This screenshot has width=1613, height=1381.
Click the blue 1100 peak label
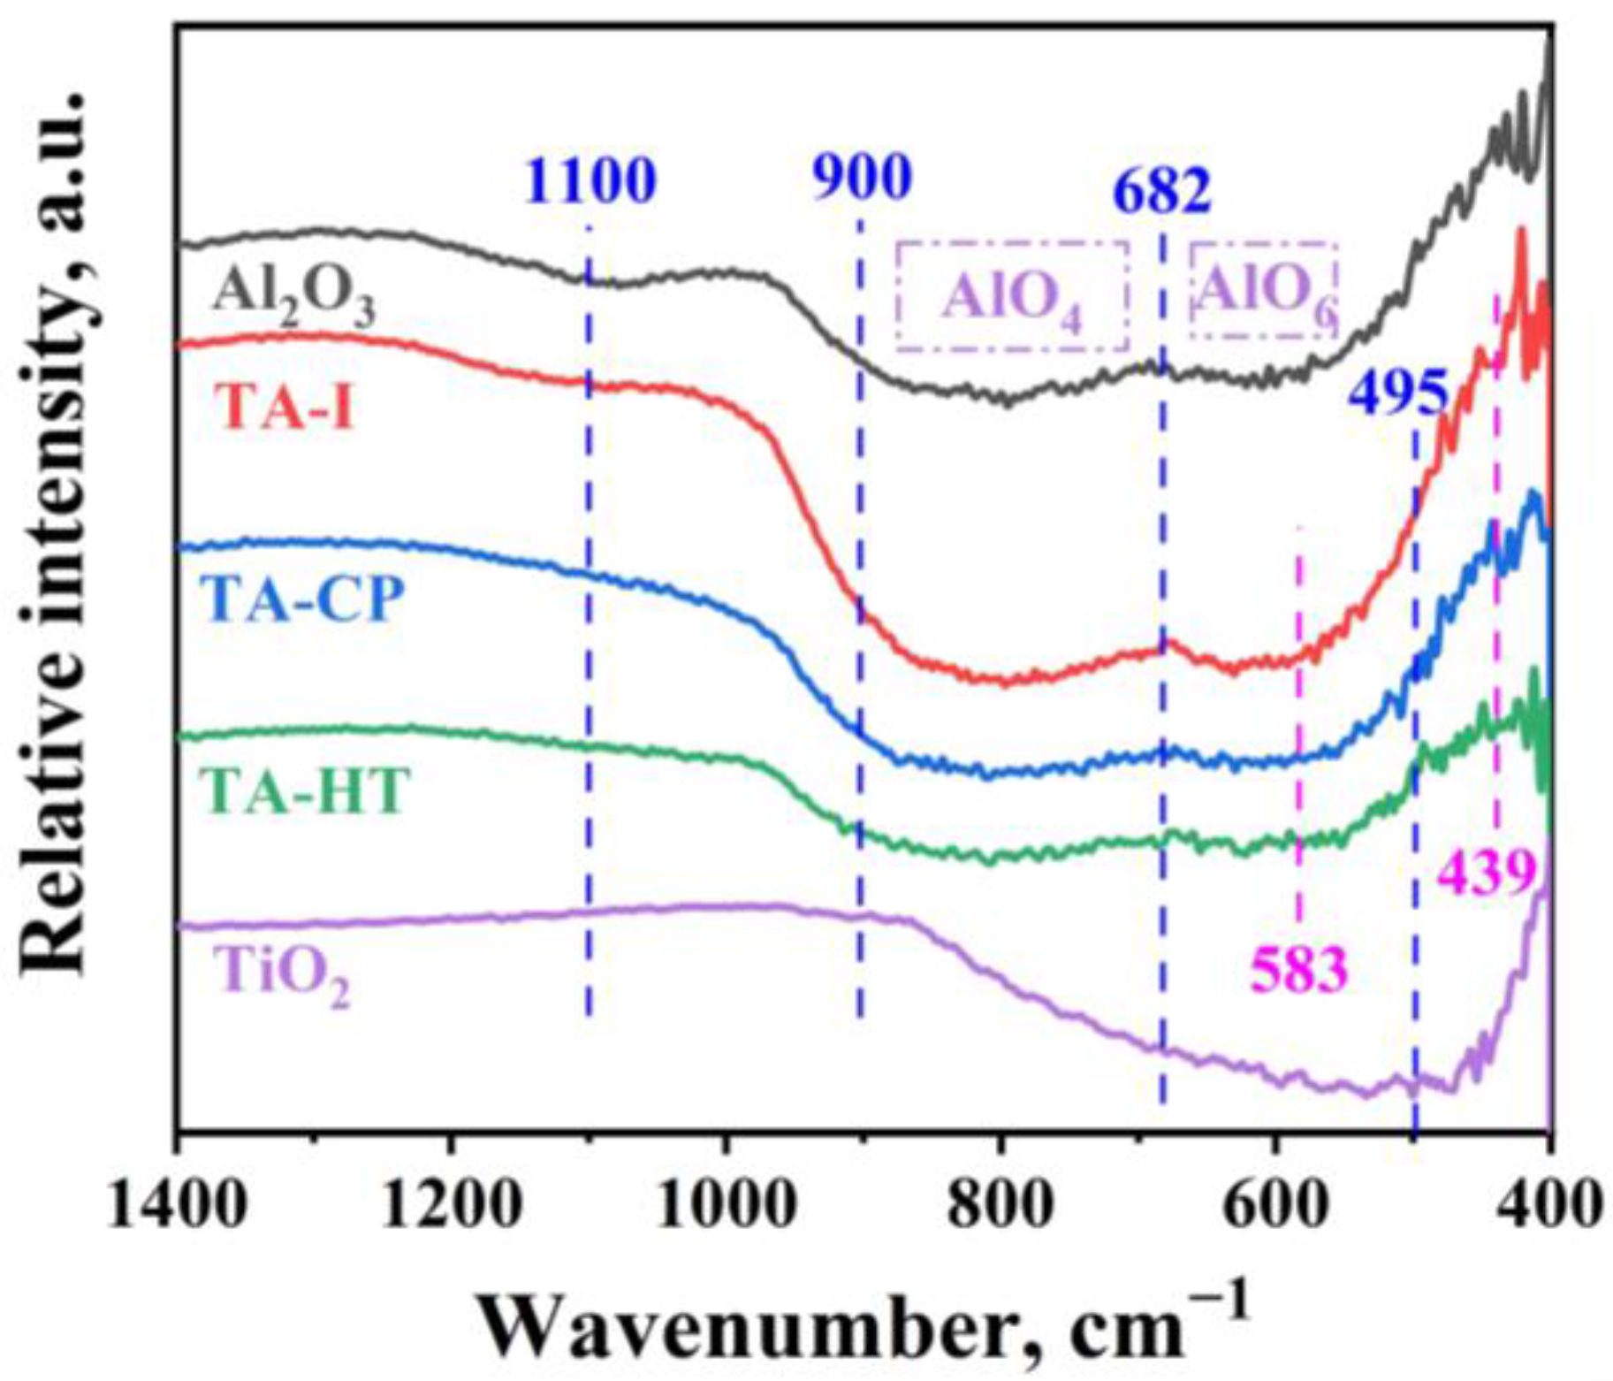[x=590, y=180]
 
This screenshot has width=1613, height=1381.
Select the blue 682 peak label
[x=1161, y=192]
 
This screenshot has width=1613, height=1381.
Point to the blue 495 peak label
[x=1397, y=394]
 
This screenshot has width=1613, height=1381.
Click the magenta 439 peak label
[x=1487, y=874]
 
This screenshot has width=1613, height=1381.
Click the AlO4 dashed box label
[x=1012, y=298]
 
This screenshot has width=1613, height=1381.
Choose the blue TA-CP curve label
[x=303, y=600]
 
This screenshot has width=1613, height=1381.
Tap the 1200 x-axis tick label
[x=450, y=1204]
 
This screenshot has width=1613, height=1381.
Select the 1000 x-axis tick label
[x=725, y=1204]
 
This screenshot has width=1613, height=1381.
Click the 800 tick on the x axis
[x=1000, y=1204]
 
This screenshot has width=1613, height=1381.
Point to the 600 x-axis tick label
[x=1274, y=1204]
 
